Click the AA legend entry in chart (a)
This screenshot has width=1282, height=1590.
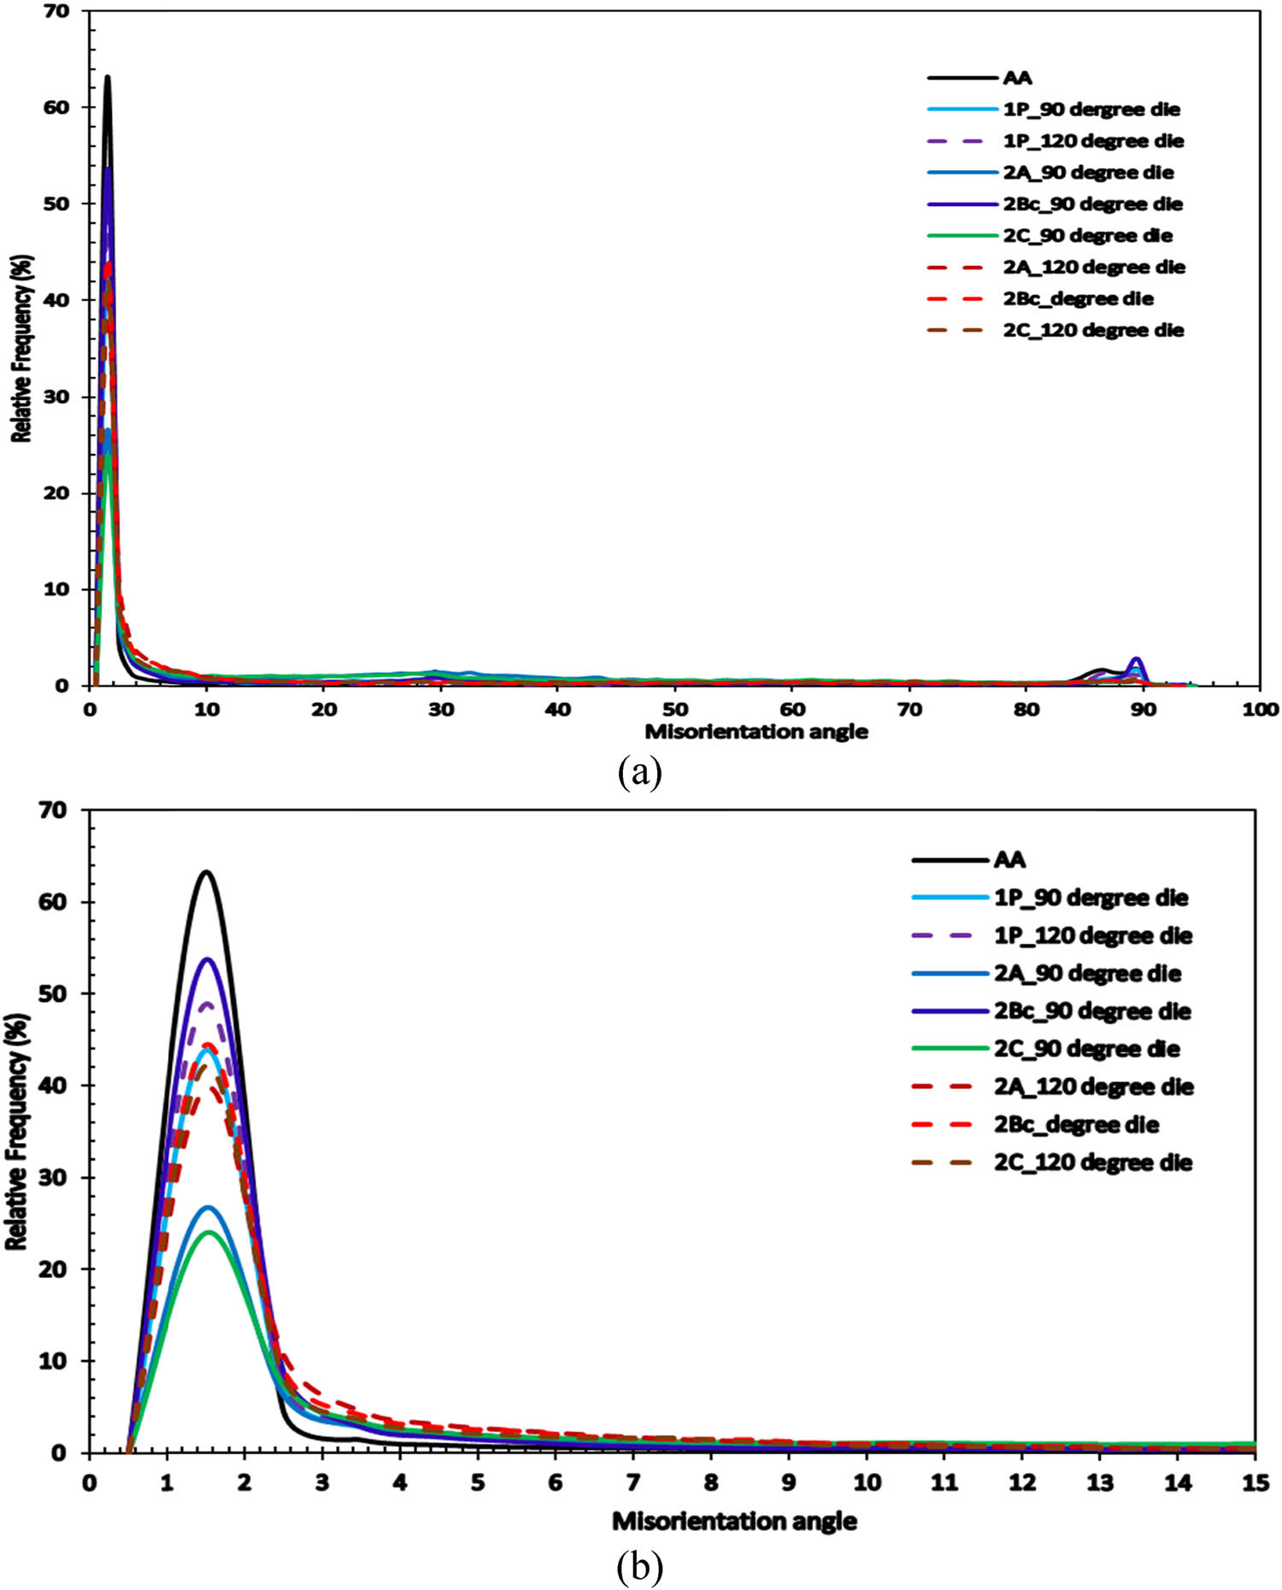tap(1017, 78)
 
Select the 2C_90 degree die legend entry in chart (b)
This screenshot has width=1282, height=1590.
tap(1086, 1049)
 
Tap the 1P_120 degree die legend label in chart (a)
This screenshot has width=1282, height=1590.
tap(1093, 141)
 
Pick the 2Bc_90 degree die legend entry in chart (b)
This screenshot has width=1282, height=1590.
tap(1091, 1011)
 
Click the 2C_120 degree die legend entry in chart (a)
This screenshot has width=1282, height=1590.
tap(1093, 331)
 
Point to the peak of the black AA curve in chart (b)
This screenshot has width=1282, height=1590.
tap(206, 872)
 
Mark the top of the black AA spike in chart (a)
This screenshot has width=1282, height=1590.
tap(108, 77)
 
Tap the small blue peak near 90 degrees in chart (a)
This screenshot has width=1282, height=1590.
tap(1136, 659)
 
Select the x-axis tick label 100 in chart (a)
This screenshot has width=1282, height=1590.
tap(1260, 710)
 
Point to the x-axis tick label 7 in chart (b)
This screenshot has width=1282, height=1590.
tap(633, 1482)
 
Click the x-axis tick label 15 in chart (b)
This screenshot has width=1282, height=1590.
tap(1254, 1482)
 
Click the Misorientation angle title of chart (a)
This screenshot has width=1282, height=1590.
tap(756, 733)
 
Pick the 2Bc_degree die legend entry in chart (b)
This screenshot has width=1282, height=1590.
tap(1076, 1124)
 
